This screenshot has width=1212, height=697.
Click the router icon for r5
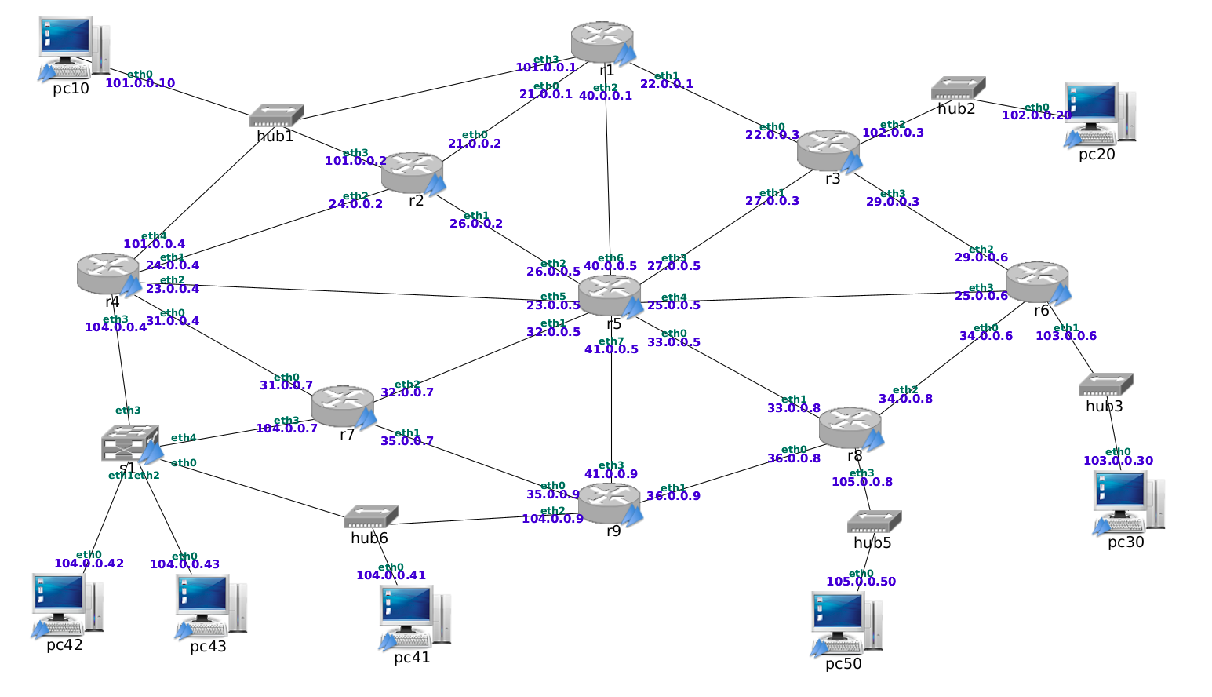[x=610, y=295]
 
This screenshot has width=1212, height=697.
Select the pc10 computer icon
[x=73, y=48]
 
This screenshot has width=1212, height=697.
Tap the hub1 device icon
[x=276, y=116]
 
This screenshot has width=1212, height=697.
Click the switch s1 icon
[x=130, y=443]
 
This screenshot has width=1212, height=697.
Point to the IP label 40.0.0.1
[x=606, y=96]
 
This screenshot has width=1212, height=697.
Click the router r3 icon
[x=829, y=150]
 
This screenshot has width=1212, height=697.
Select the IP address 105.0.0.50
[x=861, y=582]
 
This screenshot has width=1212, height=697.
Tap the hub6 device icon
[x=370, y=516]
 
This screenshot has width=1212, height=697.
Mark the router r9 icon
[x=611, y=503]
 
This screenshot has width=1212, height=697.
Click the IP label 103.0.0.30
[x=1118, y=461]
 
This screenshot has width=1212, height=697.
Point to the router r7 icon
[x=344, y=406]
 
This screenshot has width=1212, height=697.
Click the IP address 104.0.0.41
[x=391, y=575]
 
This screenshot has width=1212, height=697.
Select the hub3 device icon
[x=1105, y=385]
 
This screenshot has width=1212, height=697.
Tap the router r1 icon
[x=602, y=42]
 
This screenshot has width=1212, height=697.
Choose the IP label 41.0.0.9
[x=611, y=474]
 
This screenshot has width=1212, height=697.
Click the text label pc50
[x=843, y=664]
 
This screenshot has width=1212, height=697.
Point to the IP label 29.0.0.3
[x=893, y=202]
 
